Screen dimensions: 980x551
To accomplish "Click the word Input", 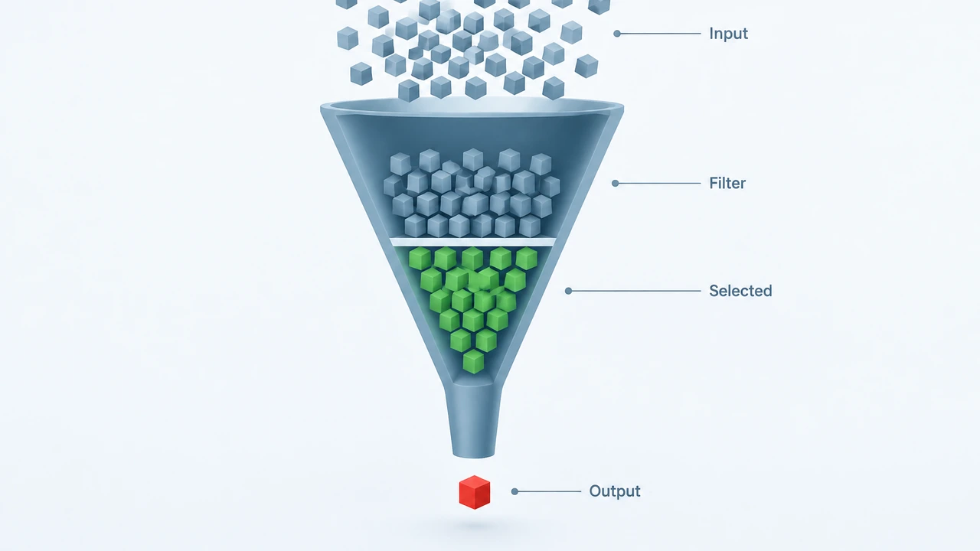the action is (x=728, y=34).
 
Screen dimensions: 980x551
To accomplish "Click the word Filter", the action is (x=727, y=183).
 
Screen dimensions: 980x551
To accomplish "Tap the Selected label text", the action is (x=740, y=291).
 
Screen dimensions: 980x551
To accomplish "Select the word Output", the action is (x=615, y=491).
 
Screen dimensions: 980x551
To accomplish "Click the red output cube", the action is (x=475, y=492).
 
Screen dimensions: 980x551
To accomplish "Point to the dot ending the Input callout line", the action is (x=617, y=34).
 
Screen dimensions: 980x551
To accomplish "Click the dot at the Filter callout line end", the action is (x=615, y=183).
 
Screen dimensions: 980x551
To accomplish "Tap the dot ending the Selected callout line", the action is (x=568, y=291).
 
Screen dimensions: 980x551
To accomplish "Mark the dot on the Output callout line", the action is (x=515, y=491).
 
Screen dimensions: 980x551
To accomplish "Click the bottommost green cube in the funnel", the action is (x=473, y=362).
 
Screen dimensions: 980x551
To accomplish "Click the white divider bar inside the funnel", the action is (x=473, y=242).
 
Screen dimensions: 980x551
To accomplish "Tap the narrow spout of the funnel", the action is (x=473, y=420).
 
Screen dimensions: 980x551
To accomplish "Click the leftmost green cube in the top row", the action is (x=420, y=259).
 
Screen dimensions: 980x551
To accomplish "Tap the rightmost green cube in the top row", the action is (x=526, y=259).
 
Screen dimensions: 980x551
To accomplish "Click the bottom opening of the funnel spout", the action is (x=473, y=455).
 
